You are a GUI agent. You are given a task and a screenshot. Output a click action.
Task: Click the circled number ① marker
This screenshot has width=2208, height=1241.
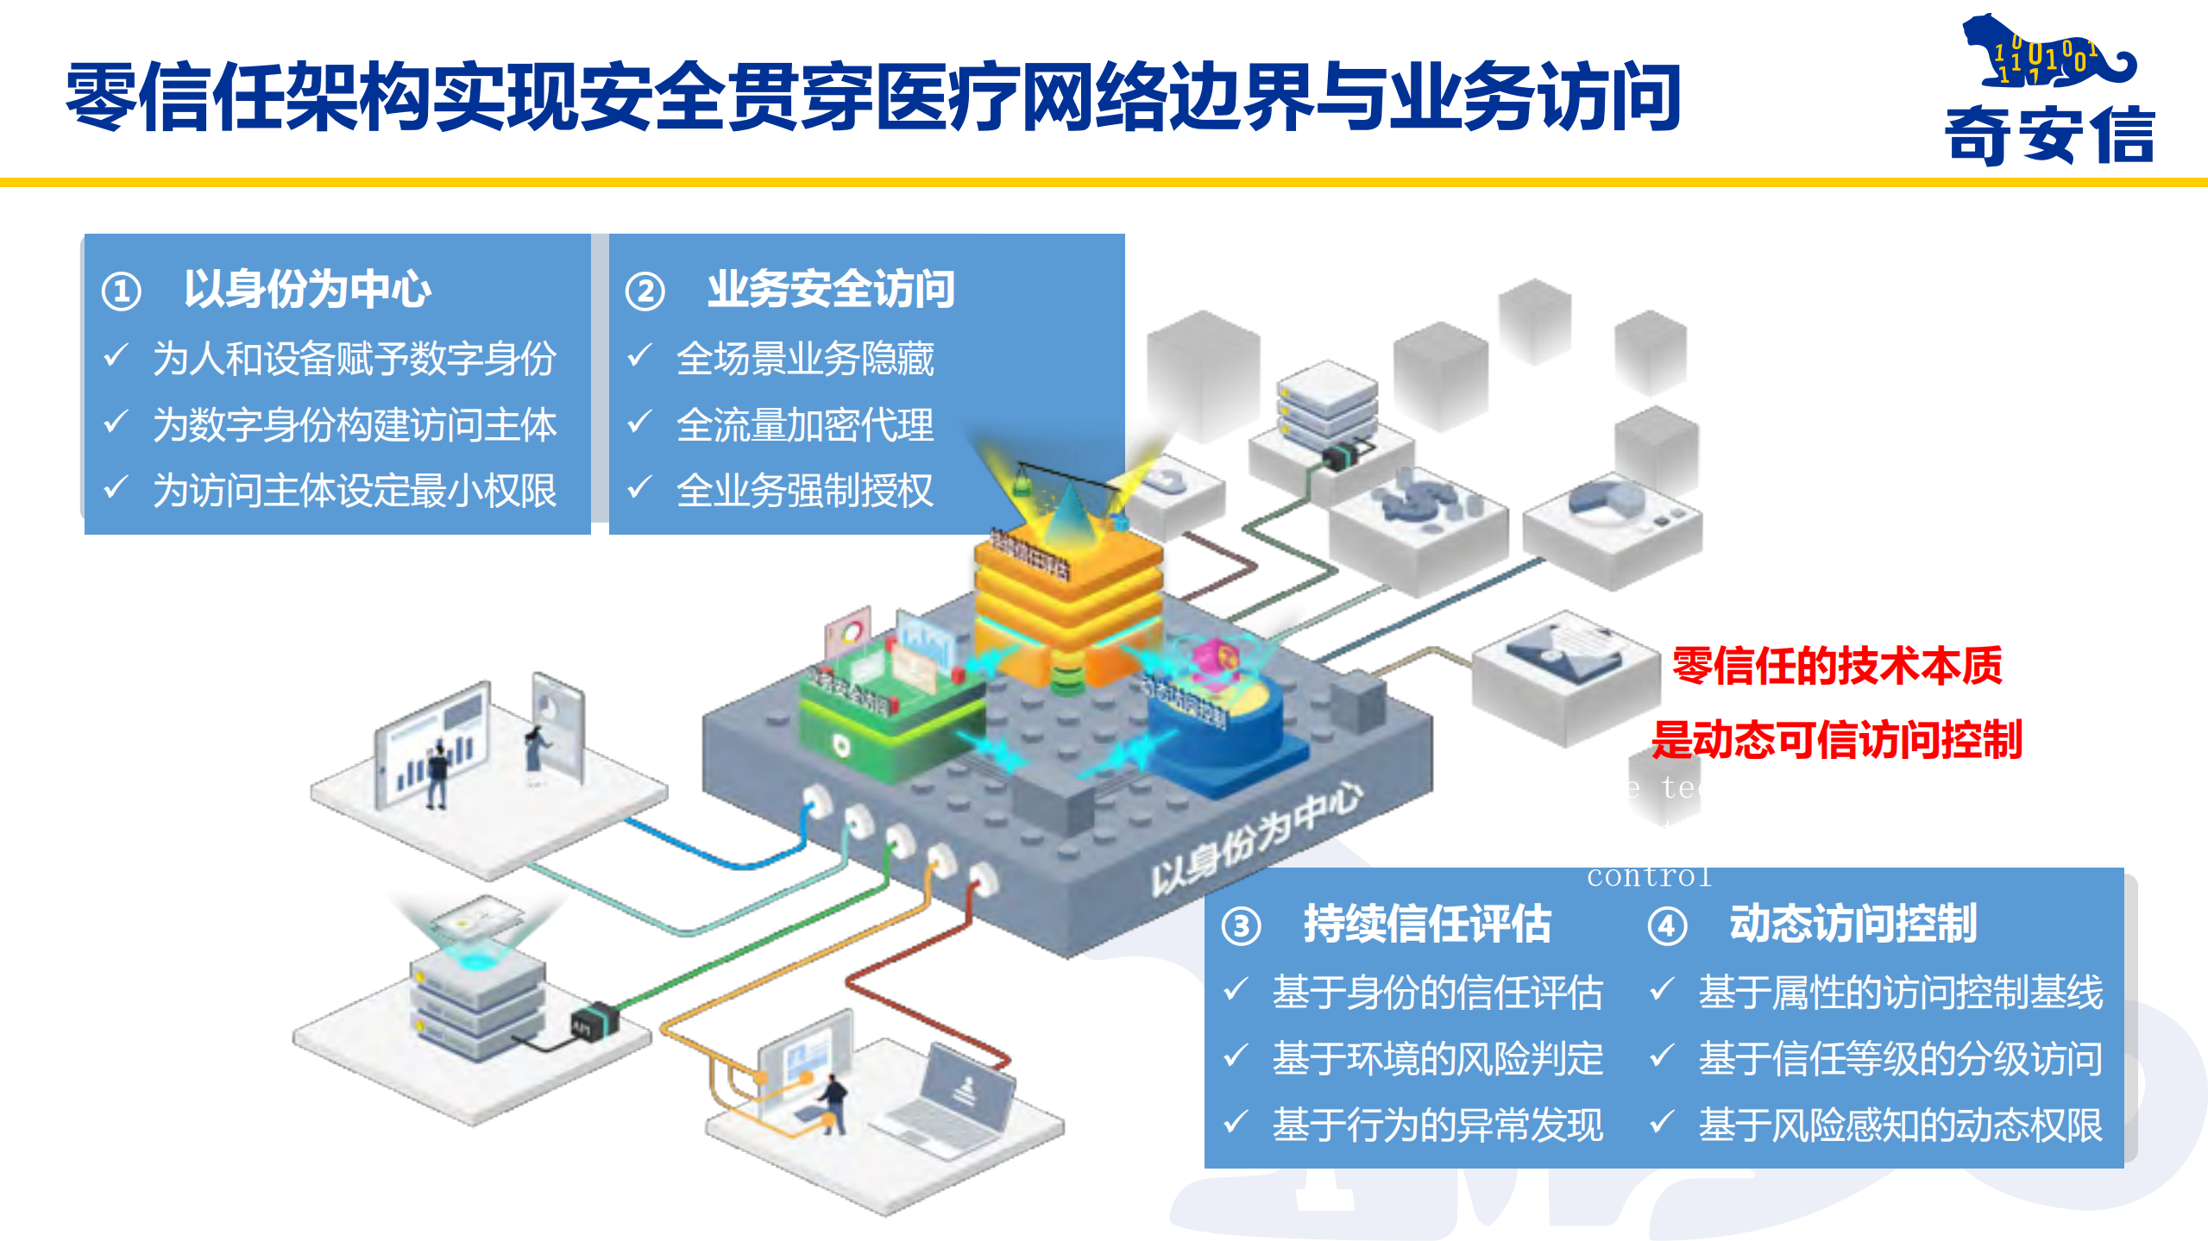(x=122, y=291)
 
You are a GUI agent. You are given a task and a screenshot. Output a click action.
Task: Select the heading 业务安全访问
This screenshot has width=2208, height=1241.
(x=830, y=289)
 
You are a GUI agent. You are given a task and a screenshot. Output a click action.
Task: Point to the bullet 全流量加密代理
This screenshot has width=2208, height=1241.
(x=804, y=425)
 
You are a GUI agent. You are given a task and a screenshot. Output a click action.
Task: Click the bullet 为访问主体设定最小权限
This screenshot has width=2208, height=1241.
(x=354, y=491)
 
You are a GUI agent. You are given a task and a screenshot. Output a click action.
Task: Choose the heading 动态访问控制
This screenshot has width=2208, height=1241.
(x=1853, y=924)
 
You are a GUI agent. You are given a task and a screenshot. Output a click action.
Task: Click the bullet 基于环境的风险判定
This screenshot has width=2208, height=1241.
(x=1437, y=1058)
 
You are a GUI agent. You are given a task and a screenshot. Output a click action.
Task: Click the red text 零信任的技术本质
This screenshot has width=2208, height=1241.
(x=1836, y=666)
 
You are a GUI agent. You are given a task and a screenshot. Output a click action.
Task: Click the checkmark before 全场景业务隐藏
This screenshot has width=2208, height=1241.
(x=639, y=355)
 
